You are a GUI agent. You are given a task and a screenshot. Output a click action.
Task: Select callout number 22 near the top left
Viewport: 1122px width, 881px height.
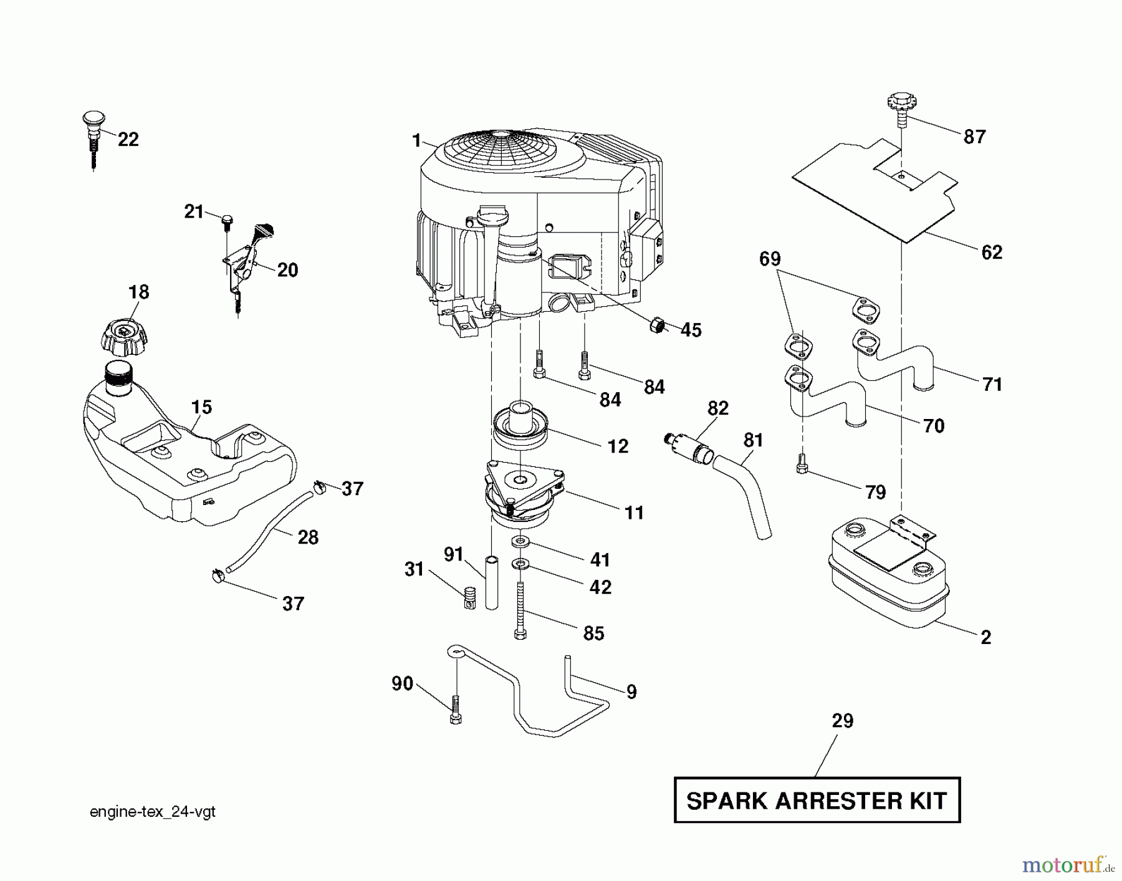click(x=128, y=140)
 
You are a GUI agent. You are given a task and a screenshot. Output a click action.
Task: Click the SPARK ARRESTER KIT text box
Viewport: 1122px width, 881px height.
click(x=817, y=800)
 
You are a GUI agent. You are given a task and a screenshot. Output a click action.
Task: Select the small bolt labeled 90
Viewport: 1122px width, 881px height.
click(x=455, y=711)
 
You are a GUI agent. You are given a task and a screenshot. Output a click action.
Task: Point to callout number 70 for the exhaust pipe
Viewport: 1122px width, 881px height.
click(x=933, y=426)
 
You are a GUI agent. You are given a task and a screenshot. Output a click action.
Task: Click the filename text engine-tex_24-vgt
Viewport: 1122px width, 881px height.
click(x=153, y=812)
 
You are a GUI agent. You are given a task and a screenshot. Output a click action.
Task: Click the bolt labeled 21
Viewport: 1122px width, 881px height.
click(x=227, y=221)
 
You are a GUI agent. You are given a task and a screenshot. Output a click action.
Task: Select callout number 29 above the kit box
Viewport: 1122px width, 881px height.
click(x=842, y=721)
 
